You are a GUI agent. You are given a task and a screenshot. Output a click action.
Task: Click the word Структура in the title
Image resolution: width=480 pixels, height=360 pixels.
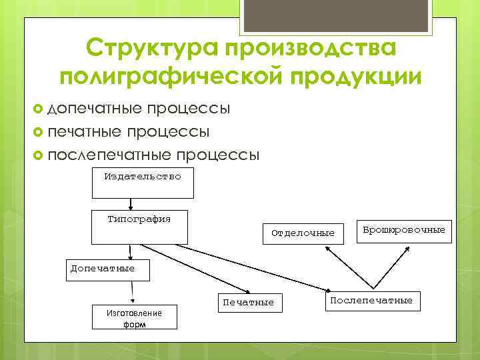click(x=151, y=49)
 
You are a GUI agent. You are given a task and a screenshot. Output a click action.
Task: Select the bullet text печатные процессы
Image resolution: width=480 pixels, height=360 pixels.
click(x=129, y=131)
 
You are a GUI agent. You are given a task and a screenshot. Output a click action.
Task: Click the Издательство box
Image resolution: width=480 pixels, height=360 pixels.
click(x=142, y=183)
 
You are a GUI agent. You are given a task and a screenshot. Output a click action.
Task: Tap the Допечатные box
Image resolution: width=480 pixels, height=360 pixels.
click(x=107, y=269)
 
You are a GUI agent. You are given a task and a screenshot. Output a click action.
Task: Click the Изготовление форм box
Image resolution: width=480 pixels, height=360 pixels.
click(x=134, y=317)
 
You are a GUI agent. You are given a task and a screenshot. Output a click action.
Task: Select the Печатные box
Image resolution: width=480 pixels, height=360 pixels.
click(x=248, y=302)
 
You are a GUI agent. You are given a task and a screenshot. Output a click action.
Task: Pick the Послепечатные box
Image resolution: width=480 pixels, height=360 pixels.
click(x=371, y=301)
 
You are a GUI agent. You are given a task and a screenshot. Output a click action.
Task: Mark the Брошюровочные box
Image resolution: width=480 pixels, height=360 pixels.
click(x=403, y=231)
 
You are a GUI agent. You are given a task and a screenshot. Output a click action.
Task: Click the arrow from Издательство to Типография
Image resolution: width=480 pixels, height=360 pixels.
click(x=131, y=204)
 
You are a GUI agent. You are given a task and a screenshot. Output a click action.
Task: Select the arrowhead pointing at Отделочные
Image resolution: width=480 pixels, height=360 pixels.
click(x=328, y=248)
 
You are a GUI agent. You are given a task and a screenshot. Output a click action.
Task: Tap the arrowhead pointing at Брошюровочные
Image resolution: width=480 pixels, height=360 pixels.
click(x=405, y=247)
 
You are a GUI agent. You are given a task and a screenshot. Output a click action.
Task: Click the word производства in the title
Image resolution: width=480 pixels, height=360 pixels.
click(x=312, y=49)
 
